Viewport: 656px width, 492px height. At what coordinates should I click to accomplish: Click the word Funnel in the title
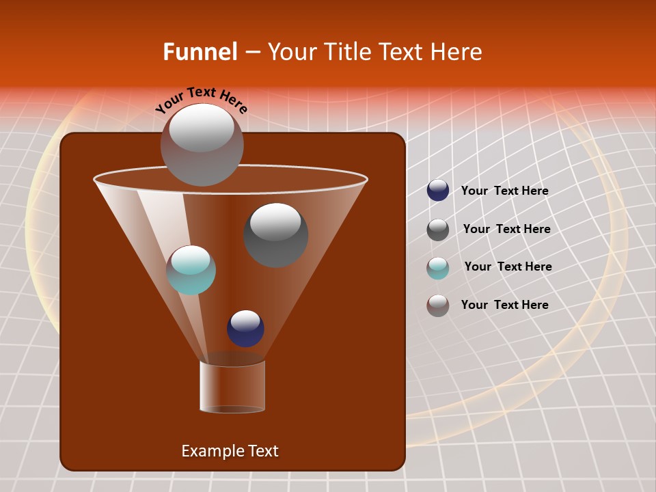pos(200,52)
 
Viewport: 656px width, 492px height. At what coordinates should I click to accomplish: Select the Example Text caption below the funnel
pos(230,451)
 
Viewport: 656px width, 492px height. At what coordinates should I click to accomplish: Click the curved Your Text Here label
pos(202,98)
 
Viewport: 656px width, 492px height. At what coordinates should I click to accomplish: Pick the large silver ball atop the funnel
pos(202,144)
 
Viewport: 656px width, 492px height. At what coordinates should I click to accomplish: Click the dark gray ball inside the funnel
pos(276,235)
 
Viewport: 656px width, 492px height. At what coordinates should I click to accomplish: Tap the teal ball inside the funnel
pos(191,270)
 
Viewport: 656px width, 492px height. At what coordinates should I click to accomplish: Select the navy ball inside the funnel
pos(245,329)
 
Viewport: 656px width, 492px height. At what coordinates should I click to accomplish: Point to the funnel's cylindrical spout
pos(232,387)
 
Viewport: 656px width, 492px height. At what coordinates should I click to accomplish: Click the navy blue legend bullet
pos(438,191)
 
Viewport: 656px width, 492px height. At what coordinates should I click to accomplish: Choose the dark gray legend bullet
pos(438,230)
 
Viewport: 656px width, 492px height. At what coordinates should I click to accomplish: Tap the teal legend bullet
pos(438,268)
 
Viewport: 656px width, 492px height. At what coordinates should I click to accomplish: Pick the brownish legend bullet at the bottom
pos(438,305)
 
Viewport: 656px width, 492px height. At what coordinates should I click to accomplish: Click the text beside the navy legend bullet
pos(504,191)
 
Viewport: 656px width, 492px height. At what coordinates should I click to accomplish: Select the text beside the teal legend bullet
pos(508,266)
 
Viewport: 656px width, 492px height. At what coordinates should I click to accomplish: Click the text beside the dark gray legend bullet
pos(506,229)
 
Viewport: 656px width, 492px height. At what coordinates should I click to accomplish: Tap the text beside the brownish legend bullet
pos(504,305)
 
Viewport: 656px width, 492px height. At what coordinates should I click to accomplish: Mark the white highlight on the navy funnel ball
pos(245,319)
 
